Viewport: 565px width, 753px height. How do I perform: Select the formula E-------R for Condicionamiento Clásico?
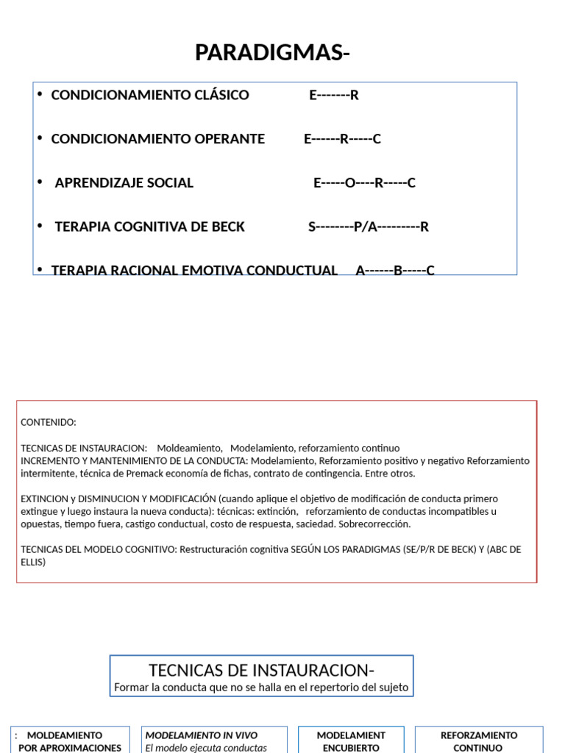[x=333, y=95]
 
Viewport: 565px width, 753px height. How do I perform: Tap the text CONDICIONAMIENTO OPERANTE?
[x=157, y=139]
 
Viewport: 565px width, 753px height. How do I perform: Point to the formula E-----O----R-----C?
[x=364, y=183]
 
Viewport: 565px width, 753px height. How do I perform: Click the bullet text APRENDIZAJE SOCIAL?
[x=124, y=183]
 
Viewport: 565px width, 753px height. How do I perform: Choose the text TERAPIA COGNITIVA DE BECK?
[x=149, y=226]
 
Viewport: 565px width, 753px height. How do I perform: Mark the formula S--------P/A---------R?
[x=368, y=226]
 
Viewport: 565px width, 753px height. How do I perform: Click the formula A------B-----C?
[x=395, y=270]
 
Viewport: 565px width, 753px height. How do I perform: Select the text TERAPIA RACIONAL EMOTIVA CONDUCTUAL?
[x=193, y=270]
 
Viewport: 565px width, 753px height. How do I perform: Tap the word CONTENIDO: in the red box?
[x=48, y=422]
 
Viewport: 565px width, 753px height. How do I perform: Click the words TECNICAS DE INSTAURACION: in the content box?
[x=84, y=448]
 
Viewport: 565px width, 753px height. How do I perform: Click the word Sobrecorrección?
[x=374, y=524]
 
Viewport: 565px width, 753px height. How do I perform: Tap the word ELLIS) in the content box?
[x=33, y=563]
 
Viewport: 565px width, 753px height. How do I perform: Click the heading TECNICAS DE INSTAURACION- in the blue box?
[x=261, y=671]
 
